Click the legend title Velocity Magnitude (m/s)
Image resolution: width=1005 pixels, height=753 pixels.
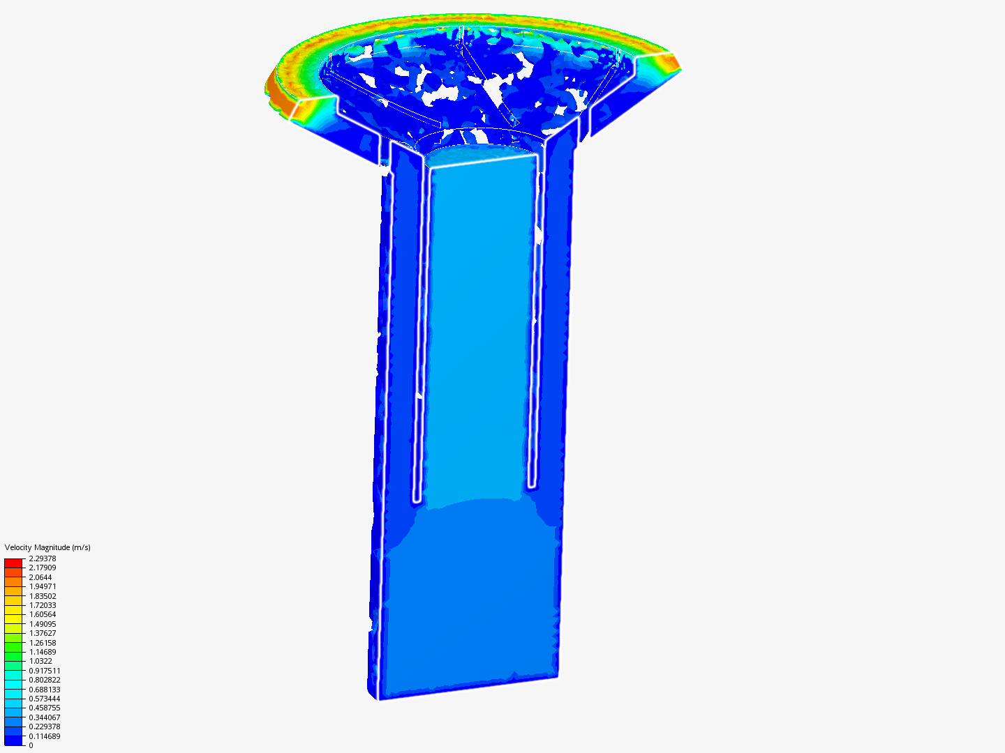tap(47, 547)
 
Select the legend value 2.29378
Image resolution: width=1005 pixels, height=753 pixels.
tap(42, 558)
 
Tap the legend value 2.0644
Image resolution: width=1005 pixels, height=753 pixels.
tap(40, 577)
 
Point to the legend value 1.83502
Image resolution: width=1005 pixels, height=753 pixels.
tap(42, 595)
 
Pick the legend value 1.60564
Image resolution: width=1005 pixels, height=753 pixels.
tap(42, 614)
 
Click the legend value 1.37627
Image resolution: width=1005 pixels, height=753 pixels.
tap(42, 633)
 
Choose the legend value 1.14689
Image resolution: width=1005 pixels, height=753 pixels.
tap(42, 651)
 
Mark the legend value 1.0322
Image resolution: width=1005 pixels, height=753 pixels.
tap(40, 661)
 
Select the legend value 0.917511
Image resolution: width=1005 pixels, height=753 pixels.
tap(45, 670)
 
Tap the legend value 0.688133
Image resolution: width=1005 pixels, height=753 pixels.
tap(45, 689)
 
